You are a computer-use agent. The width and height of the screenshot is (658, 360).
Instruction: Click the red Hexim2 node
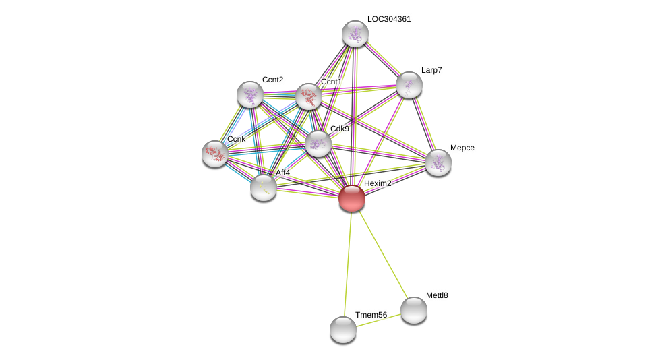(x=352, y=198)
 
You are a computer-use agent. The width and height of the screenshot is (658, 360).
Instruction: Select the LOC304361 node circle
(x=355, y=34)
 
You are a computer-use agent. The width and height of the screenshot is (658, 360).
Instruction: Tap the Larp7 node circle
(x=409, y=85)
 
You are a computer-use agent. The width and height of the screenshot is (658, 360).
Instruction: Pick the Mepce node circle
(x=438, y=162)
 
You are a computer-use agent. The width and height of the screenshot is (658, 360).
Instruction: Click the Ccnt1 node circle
(x=309, y=96)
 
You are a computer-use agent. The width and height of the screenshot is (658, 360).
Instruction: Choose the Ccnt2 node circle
(x=250, y=94)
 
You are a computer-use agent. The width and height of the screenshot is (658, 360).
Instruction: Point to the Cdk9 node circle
(x=318, y=144)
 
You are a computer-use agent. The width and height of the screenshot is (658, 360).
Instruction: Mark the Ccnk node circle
(x=215, y=154)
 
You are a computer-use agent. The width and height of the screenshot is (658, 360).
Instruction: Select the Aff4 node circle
(x=264, y=187)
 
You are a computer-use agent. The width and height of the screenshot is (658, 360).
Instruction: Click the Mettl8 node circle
(x=414, y=310)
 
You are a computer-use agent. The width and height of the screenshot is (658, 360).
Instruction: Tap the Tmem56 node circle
(x=343, y=330)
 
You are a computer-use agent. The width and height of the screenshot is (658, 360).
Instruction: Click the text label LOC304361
(x=389, y=19)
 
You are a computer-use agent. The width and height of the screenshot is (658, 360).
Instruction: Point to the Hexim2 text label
(x=378, y=183)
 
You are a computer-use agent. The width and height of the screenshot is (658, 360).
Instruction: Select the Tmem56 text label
(x=371, y=315)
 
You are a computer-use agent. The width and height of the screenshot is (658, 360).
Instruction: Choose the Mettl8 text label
(x=437, y=295)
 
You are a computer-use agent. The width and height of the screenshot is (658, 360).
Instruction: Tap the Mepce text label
(x=462, y=148)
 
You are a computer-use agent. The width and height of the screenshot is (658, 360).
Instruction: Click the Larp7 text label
(x=431, y=70)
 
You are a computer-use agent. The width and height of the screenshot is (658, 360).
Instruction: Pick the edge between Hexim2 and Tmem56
(x=348, y=263)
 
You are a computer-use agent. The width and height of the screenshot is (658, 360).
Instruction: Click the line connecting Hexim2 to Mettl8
(x=383, y=254)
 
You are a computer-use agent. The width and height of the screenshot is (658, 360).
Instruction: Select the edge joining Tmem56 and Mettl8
(x=379, y=320)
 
